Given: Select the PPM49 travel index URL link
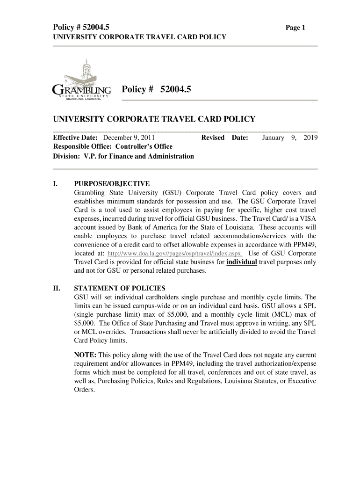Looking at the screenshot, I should [x=175, y=254].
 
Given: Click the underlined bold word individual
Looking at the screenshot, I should [x=241, y=262].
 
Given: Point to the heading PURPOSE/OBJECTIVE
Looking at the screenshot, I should [x=112, y=183].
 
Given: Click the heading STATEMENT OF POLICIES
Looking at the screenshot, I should [x=120, y=288].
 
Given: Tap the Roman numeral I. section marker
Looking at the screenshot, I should [x=55, y=183].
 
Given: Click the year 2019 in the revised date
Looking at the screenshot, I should [x=310, y=138].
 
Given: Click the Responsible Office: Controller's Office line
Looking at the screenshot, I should [x=113, y=146].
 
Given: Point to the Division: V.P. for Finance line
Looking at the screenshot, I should [x=123, y=156].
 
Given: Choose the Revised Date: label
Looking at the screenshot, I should [x=224, y=138].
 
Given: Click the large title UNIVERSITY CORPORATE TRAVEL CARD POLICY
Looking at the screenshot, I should [x=154, y=119].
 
